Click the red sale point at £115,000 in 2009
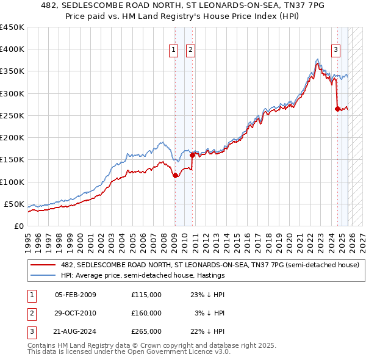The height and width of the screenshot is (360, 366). [x=175, y=175]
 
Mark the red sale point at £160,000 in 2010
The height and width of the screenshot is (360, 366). [x=193, y=155]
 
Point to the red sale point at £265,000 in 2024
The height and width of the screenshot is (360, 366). [x=337, y=109]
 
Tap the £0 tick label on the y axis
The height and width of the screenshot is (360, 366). [x=18, y=226]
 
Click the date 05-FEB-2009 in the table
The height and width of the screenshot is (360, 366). [x=76, y=295]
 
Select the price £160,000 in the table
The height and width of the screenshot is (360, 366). [x=146, y=313]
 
